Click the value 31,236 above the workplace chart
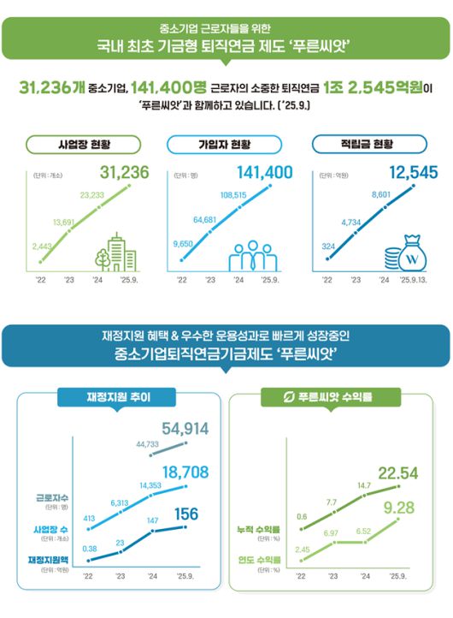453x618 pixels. [125, 173]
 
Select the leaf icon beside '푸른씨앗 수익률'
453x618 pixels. [289, 397]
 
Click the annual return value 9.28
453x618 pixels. [397, 509]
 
